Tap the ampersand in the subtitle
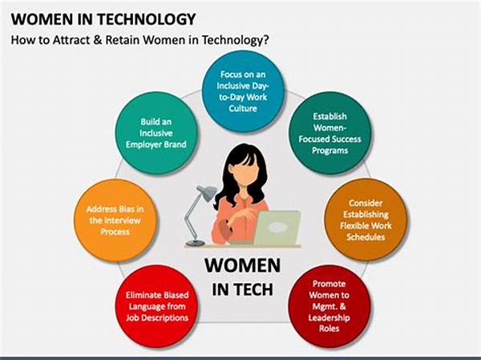pyautogui.click(x=98, y=40)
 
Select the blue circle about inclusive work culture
pyautogui.click(x=243, y=91)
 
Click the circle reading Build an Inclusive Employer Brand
pyautogui.click(x=156, y=133)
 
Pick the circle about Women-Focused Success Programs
pyautogui.click(x=329, y=133)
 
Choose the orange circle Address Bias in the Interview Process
pyautogui.click(x=115, y=220)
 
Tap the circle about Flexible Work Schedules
pyautogui.click(x=366, y=220)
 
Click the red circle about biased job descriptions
pyautogui.click(x=157, y=306)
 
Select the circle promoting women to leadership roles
pyautogui.click(x=329, y=306)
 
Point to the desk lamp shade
pyautogui.click(x=208, y=192)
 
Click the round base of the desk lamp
pyautogui.click(x=195, y=243)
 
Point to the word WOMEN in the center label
pyautogui.click(x=242, y=265)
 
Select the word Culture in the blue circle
pyautogui.click(x=243, y=108)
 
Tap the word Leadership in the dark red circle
pyautogui.click(x=329, y=318)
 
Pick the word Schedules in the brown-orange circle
pyautogui.click(x=366, y=237)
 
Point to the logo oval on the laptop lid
pyautogui.click(x=277, y=227)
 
